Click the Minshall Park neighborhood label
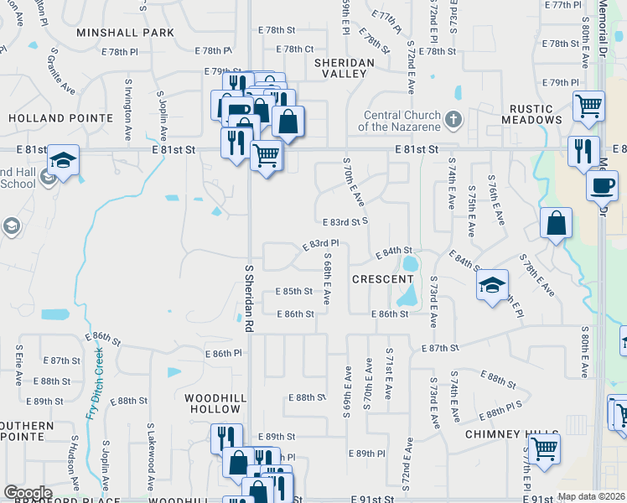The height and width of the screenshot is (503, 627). (x=126, y=33)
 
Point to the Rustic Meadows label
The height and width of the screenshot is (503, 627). (x=531, y=113)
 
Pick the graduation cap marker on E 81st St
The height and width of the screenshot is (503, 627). (x=63, y=159)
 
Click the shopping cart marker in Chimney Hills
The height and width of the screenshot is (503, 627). (x=545, y=448)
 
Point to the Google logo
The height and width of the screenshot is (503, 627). (x=28, y=492)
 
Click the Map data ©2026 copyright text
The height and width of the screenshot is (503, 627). (x=591, y=496)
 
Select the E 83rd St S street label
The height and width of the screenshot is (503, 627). (x=345, y=222)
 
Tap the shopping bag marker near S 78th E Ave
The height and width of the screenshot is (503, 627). (x=556, y=223)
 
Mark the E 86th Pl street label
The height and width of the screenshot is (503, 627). (x=226, y=354)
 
